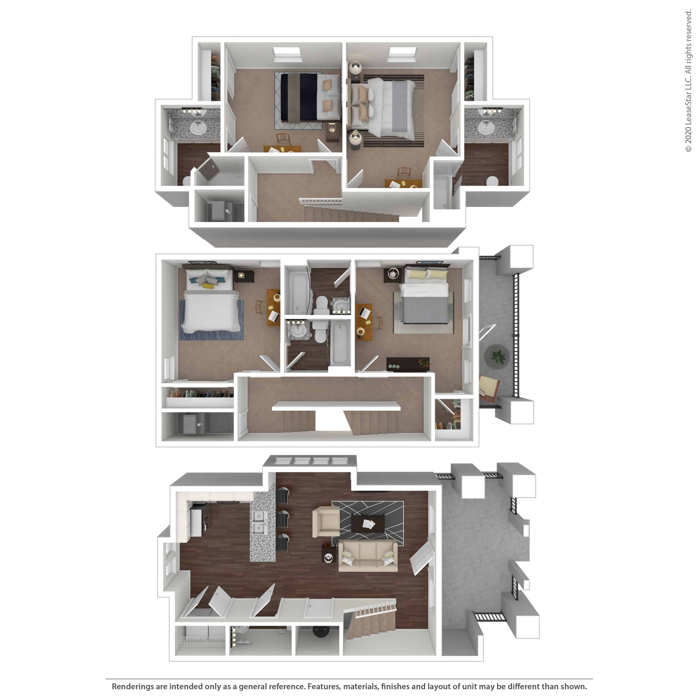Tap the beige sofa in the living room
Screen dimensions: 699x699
(368, 556)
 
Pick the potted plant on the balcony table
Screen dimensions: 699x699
(498, 357)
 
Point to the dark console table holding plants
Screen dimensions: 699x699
(408, 364)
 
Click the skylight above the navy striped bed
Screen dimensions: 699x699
(287, 53)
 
